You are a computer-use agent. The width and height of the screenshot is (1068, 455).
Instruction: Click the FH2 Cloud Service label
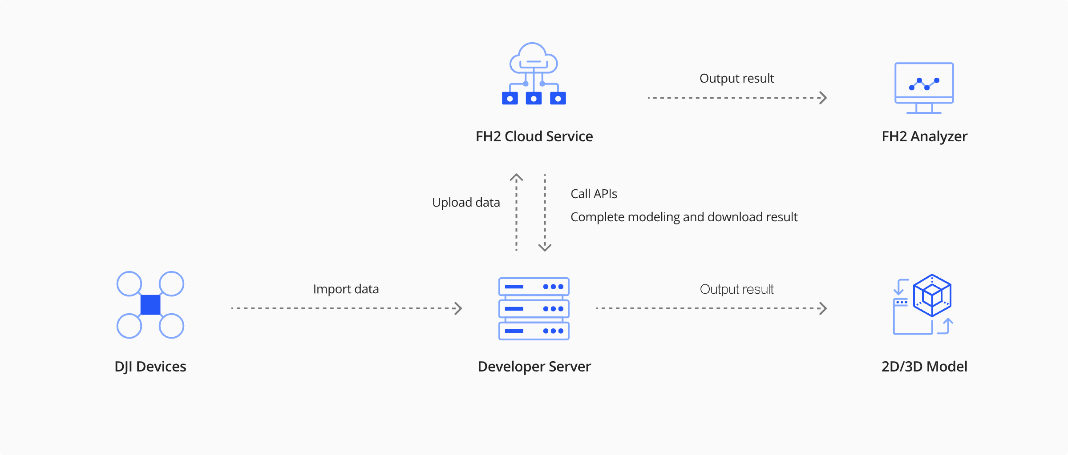pyautogui.click(x=534, y=136)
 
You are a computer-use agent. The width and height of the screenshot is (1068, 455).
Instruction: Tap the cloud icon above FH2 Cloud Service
pyautogui.click(x=534, y=74)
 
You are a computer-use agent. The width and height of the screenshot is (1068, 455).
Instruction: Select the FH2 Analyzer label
pyautogui.click(x=924, y=136)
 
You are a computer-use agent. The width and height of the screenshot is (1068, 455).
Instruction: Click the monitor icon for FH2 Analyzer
pyautogui.click(x=924, y=87)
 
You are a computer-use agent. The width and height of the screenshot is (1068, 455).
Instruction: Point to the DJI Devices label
pyautogui.click(x=150, y=367)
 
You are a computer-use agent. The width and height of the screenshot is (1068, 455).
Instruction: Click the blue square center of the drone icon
pyautogui.click(x=150, y=305)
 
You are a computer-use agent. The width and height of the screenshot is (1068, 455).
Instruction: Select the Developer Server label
pyautogui.click(x=534, y=367)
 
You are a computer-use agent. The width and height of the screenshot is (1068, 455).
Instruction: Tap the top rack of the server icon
pyautogui.click(x=534, y=287)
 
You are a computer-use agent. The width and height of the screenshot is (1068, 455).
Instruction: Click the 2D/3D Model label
pyautogui.click(x=924, y=367)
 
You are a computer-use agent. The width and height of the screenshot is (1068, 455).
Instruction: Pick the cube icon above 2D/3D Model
pyautogui.click(x=932, y=295)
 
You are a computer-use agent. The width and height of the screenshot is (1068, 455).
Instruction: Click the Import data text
pyautogui.click(x=346, y=289)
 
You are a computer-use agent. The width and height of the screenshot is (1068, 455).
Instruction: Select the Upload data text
pyautogui.click(x=466, y=203)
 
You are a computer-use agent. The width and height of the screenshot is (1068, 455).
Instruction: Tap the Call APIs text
pyautogui.click(x=594, y=194)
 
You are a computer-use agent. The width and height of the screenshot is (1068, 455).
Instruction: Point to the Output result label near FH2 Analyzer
pyautogui.click(x=736, y=79)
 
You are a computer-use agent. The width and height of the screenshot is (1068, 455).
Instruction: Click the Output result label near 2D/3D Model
pyautogui.click(x=736, y=289)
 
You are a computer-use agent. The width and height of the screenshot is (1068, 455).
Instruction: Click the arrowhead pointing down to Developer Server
pyautogui.click(x=545, y=247)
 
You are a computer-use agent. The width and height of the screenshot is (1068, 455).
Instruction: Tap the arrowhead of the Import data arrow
pyautogui.click(x=458, y=308)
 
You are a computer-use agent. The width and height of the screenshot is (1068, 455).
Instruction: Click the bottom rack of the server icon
pyautogui.click(x=534, y=331)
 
